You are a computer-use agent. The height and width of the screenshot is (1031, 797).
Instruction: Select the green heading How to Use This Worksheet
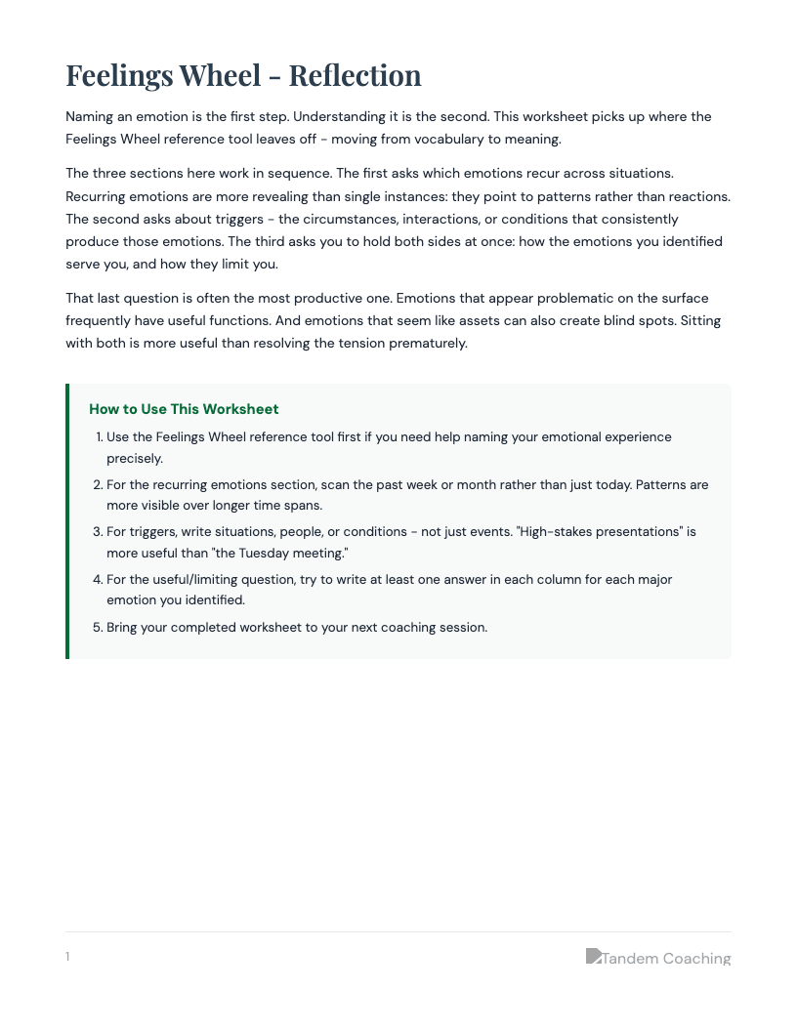click(184, 409)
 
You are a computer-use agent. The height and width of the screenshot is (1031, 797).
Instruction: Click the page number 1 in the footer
click(67, 957)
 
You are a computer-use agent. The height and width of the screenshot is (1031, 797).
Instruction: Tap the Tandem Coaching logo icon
click(593, 956)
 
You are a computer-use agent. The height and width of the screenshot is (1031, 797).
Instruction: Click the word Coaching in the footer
click(696, 959)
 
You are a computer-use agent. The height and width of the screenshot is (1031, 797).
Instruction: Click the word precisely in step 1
click(135, 458)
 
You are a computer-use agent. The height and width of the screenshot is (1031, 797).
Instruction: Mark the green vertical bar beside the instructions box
click(67, 521)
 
